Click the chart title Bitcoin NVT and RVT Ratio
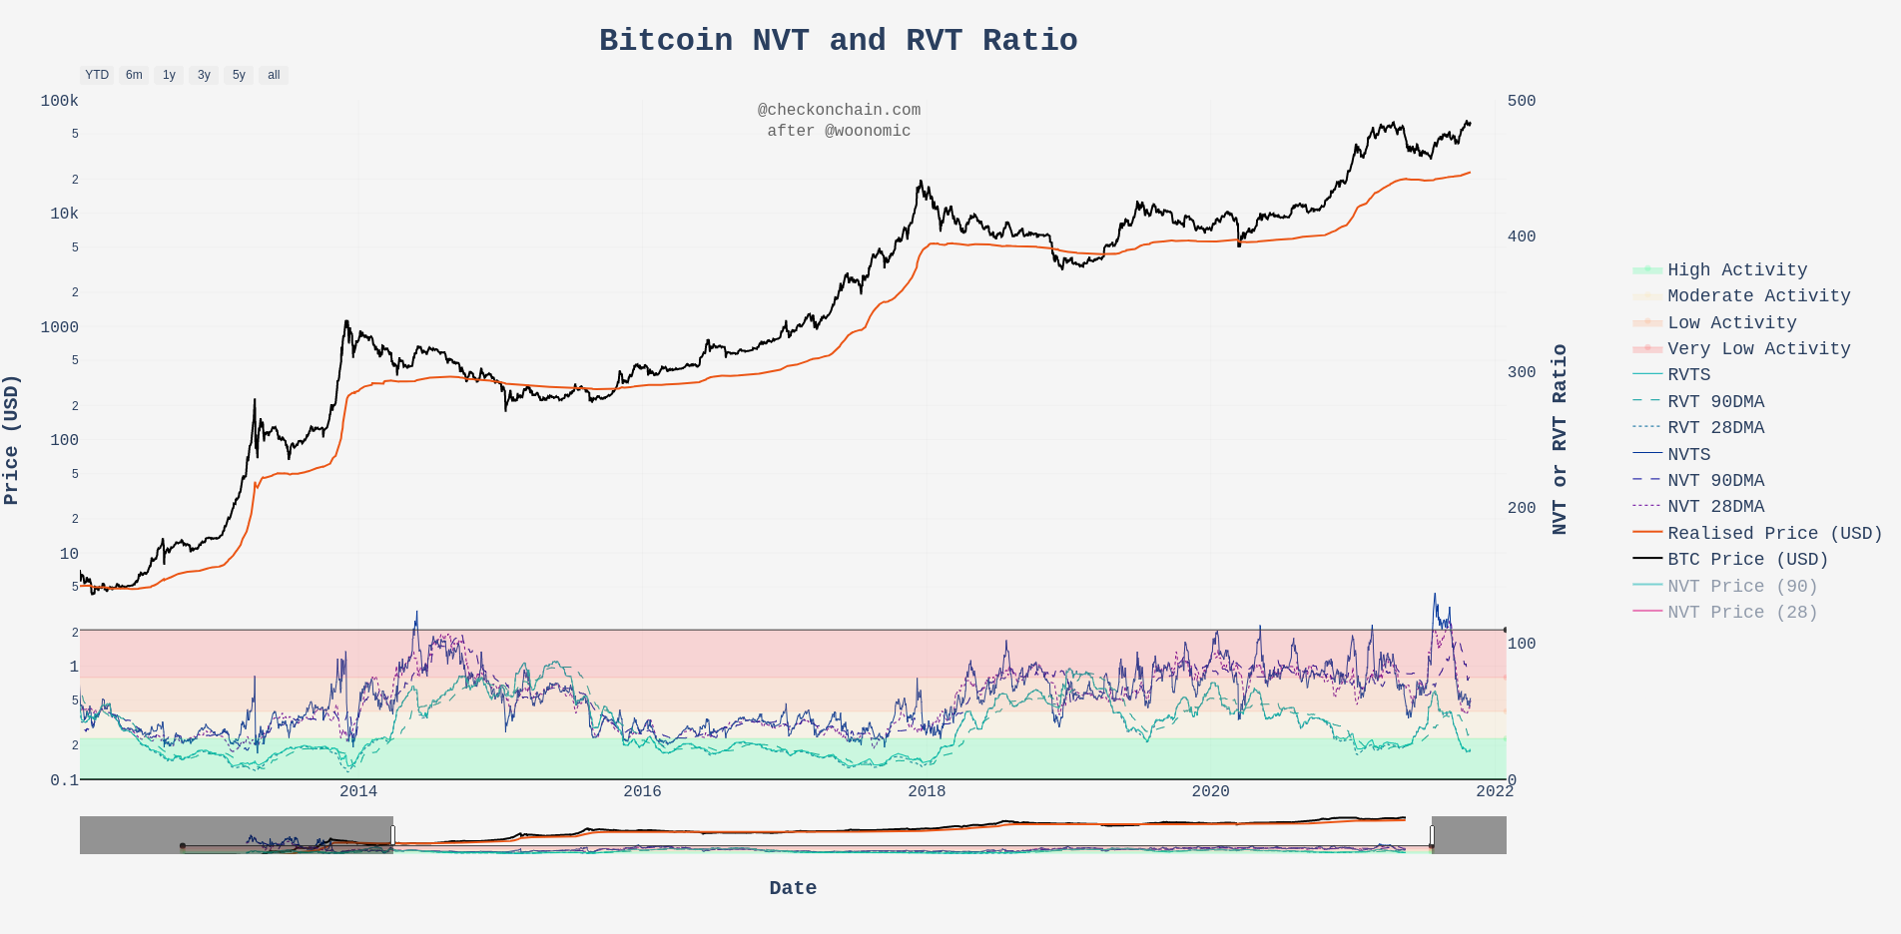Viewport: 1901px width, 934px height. coord(838,40)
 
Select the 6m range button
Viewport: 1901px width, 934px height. coord(134,75)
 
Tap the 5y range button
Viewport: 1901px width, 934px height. coord(239,75)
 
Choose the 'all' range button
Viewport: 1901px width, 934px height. coord(274,75)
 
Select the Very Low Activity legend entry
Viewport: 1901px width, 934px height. coord(1758,348)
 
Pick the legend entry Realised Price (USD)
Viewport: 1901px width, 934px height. coord(1774,533)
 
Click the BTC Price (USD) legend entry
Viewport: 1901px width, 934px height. coord(1747,559)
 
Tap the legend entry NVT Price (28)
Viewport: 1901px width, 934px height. coord(1741,612)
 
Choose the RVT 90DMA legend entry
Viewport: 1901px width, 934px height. coord(1715,401)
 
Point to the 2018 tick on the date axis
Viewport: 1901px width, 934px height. coord(927,791)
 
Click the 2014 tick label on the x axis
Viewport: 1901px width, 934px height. coord(358,791)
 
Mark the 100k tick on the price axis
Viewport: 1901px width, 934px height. coord(59,101)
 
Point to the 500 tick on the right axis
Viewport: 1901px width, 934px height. coord(1522,101)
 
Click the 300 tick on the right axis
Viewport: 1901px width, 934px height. coord(1522,372)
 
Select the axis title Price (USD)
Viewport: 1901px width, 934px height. coord(11,439)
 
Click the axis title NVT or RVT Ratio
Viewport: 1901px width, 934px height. coord(1559,439)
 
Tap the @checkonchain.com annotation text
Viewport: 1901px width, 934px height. coord(839,110)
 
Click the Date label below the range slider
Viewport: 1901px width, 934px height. coord(793,887)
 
